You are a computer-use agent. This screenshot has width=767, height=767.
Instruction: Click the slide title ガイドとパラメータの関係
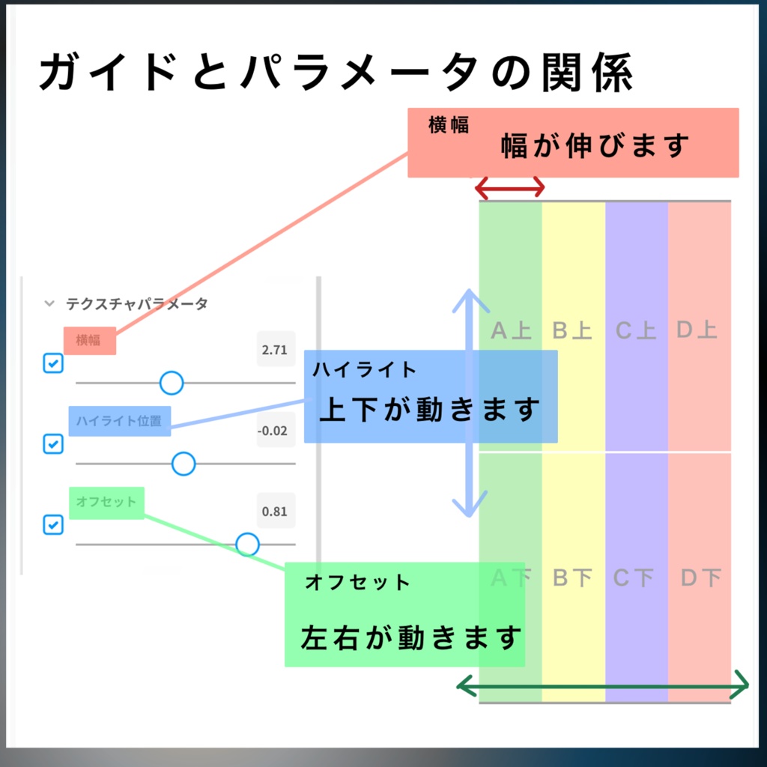click(x=337, y=73)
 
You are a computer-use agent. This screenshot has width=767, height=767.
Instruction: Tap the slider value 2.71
click(x=275, y=349)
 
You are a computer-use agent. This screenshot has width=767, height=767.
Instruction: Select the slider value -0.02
click(x=271, y=431)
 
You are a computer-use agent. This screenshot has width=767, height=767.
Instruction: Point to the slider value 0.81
click(x=274, y=512)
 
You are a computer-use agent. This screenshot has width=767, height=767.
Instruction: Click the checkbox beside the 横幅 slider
click(x=53, y=364)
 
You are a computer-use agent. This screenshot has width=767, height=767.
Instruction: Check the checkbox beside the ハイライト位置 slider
click(x=53, y=443)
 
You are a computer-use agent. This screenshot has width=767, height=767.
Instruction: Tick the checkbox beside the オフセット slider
click(x=53, y=524)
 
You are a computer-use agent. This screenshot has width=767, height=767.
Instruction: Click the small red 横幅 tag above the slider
click(x=89, y=341)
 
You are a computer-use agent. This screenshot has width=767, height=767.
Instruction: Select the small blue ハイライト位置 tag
click(x=119, y=421)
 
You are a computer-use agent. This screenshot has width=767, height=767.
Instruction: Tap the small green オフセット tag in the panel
click(x=106, y=502)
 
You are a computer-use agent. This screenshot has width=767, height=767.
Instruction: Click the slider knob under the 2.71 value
click(x=172, y=383)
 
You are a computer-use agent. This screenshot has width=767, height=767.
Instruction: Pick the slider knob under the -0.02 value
click(x=184, y=464)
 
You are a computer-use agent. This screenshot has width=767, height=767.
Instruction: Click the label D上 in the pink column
click(x=697, y=330)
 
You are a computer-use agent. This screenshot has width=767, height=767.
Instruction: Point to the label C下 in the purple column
click(x=634, y=578)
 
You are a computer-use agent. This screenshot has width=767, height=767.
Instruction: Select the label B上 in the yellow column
click(x=572, y=330)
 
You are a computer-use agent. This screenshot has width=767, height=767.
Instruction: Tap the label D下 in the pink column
click(x=701, y=578)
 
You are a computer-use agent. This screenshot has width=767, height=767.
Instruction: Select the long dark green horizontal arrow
click(x=603, y=685)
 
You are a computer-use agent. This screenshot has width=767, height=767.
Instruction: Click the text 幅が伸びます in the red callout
click(x=595, y=145)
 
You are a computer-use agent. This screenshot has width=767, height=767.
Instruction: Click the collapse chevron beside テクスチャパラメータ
click(x=49, y=304)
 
